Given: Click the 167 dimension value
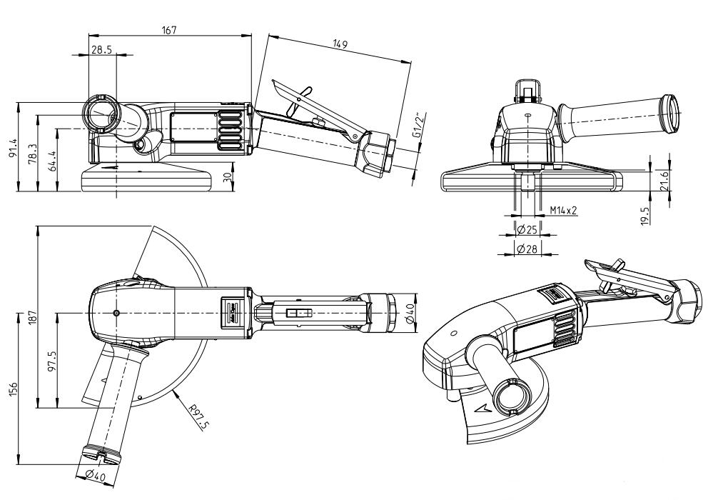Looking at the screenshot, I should click(168, 29).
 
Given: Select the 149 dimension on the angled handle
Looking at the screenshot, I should click(340, 45).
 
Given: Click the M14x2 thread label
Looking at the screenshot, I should click(564, 211).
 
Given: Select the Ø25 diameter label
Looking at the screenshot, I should click(527, 229).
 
